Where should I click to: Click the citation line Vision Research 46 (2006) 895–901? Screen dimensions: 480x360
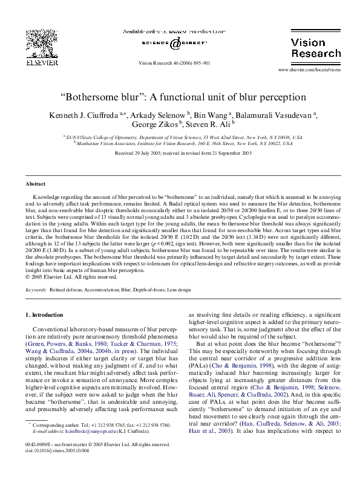tap(174, 62)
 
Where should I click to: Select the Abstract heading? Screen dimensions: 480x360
tap(36, 183)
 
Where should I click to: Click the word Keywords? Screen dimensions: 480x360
tap(36, 290)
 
